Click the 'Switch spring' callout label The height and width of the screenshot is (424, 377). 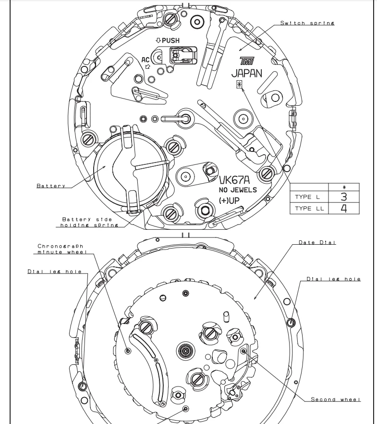(x=307, y=23)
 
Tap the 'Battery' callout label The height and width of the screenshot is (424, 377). (x=51, y=186)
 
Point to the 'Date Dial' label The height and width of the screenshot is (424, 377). (x=317, y=242)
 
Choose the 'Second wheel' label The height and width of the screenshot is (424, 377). (x=335, y=399)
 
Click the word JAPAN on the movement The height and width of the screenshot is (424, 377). (x=246, y=74)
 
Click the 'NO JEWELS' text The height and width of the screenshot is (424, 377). (x=238, y=190)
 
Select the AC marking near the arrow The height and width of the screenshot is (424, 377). (x=146, y=60)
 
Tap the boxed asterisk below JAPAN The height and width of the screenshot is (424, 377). (x=239, y=85)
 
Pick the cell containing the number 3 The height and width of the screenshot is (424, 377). (x=343, y=197)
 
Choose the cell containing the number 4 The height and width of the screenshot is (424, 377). (x=343, y=208)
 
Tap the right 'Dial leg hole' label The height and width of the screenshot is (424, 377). (x=333, y=279)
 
